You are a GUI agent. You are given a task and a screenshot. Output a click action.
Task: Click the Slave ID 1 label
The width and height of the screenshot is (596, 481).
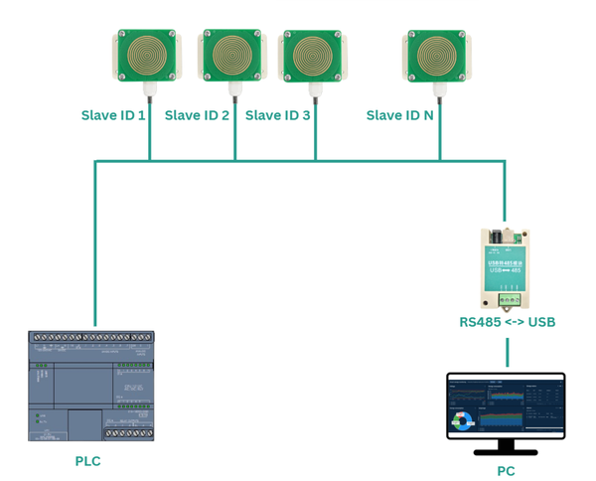point(113,115)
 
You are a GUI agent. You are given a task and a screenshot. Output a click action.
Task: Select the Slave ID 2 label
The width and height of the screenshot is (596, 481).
point(197,115)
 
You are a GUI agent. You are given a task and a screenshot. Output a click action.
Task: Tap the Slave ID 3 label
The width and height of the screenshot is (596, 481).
point(277,115)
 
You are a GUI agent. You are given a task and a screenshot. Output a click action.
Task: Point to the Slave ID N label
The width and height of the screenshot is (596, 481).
point(399,115)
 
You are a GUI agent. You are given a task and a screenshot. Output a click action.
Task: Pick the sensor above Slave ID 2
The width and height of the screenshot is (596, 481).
point(234,54)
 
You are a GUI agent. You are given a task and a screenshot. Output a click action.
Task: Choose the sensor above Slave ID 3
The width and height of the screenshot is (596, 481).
point(315,55)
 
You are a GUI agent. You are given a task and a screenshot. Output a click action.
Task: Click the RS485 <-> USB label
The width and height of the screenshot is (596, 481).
point(507,322)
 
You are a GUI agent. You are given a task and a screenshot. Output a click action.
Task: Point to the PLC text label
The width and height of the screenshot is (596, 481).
point(88,461)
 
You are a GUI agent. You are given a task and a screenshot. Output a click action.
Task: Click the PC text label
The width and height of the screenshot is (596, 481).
point(506,471)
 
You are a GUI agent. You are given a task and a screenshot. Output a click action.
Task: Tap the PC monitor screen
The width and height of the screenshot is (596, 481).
point(506,404)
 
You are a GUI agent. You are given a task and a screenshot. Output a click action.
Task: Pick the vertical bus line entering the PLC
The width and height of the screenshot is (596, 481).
point(94,248)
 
